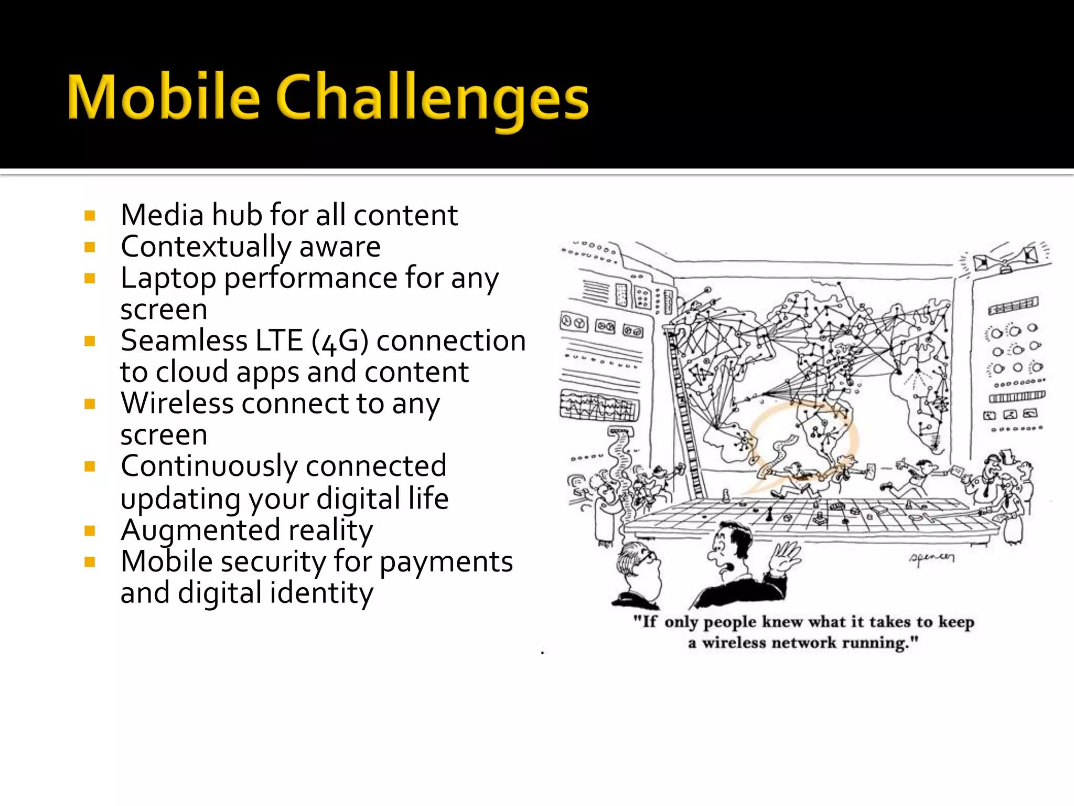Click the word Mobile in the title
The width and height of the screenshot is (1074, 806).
coord(164,98)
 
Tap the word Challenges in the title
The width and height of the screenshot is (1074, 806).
coord(432,100)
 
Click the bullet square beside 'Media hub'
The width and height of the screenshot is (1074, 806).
coord(90,216)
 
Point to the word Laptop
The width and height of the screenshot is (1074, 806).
coord(168,279)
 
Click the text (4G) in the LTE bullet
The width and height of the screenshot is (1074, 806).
coord(340,341)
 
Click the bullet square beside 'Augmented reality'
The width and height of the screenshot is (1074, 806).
coord(90,531)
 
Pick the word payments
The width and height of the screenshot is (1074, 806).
coord(446,562)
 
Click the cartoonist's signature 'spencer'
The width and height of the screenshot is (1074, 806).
coord(931,557)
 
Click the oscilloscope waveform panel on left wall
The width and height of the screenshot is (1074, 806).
coord(599,406)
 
